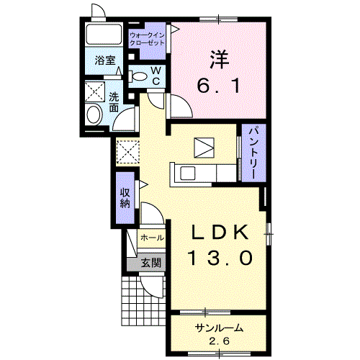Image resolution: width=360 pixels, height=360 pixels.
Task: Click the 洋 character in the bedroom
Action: point(220,60)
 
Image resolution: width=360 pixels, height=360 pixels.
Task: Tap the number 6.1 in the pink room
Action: point(219,86)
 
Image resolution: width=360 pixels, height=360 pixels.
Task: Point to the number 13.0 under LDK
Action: point(221,258)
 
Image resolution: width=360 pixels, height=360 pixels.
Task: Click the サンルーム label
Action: point(219,328)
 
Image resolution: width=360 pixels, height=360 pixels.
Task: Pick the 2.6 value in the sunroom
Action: point(219,341)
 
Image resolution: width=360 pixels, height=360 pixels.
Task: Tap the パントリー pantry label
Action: point(254,152)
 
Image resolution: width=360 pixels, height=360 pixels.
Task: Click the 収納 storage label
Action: point(125,198)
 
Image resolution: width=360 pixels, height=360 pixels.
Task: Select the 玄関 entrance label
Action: point(150,263)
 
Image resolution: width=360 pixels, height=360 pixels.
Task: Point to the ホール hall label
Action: point(152,238)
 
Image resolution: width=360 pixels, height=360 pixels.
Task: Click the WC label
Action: point(156,76)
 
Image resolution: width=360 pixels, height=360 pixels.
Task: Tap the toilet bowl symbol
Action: point(138,76)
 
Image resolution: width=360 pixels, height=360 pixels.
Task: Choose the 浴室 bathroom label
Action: point(105,60)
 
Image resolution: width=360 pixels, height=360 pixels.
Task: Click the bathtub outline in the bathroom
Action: point(104,34)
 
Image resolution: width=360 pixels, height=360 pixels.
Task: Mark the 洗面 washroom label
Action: point(114,102)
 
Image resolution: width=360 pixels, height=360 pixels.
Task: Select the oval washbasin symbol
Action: point(94,114)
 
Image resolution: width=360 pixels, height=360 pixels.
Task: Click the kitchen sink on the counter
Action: point(187,173)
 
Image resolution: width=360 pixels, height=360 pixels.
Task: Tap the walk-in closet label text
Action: point(147,39)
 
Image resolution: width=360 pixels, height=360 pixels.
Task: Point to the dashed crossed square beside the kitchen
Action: point(128,152)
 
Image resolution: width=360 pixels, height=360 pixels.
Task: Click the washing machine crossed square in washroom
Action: point(95,91)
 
